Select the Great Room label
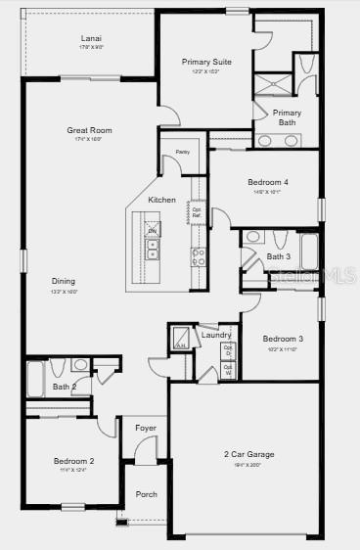pyautogui.click(x=89, y=129)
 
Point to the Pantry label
pyautogui.click(x=182, y=153)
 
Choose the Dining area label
pyautogui.click(x=64, y=281)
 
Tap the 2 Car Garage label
pyautogui.click(x=247, y=454)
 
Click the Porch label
pyautogui.click(x=146, y=494)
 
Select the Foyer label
pyautogui.click(x=146, y=428)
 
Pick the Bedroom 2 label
pyautogui.click(x=73, y=461)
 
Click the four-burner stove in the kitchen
pyautogui.click(x=198, y=256)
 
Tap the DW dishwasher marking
pyautogui.click(x=152, y=231)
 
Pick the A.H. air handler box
pyautogui.click(x=182, y=340)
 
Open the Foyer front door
pyautogui.click(x=145, y=451)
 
